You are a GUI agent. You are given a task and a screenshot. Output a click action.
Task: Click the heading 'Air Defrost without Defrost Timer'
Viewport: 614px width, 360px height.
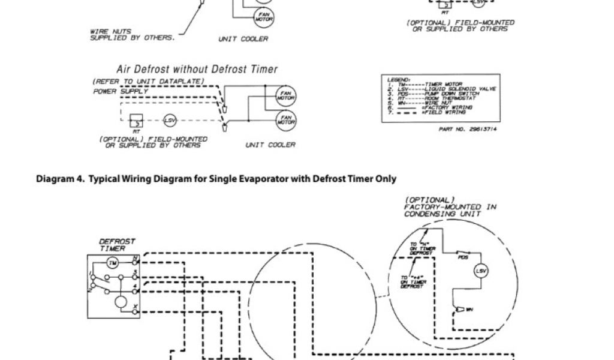[197, 70]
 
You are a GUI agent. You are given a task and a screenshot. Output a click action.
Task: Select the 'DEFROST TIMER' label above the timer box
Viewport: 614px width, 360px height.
[117, 245]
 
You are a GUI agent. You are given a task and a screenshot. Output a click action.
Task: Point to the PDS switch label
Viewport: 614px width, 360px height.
[462, 259]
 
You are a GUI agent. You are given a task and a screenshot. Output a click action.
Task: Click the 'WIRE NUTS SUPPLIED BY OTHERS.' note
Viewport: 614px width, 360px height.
[132, 35]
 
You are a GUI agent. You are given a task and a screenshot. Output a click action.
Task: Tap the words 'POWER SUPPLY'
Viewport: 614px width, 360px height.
[120, 92]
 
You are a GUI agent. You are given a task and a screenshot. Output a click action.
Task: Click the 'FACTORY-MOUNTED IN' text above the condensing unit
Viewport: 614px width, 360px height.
[450, 206]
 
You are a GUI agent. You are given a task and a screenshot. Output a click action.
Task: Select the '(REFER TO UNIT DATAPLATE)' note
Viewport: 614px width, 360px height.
[148, 82]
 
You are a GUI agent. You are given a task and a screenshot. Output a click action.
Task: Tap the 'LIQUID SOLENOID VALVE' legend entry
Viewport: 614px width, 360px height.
[469, 89]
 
